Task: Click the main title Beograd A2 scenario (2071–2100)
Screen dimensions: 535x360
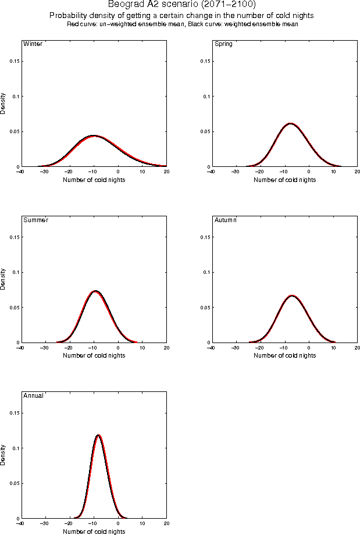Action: click(x=181, y=5)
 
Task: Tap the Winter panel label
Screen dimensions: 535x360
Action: click(x=32, y=44)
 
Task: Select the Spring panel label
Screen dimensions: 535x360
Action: click(x=223, y=44)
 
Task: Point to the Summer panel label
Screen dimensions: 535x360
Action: click(x=35, y=220)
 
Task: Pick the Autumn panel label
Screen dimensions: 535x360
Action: click(x=226, y=220)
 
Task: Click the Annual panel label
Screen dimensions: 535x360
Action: click(x=34, y=395)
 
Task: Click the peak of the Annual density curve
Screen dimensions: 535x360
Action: click(x=98, y=435)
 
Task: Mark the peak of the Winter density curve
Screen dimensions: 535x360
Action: click(x=93, y=135)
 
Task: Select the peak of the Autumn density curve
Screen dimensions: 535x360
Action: click(x=291, y=295)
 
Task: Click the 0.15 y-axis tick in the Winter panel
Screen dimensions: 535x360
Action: click(x=15, y=61)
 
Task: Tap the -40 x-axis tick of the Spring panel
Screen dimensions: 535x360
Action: click(x=211, y=172)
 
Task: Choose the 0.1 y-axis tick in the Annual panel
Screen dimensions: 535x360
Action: click(x=16, y=448)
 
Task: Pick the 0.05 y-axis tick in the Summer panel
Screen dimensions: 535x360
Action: click(x=15, y=307)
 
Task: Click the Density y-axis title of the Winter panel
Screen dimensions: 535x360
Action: click(x=3, y=103)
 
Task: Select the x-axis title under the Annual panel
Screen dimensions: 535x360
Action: click(x=94, y=531)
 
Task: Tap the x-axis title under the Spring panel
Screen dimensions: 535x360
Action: click(x=284, y=180)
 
